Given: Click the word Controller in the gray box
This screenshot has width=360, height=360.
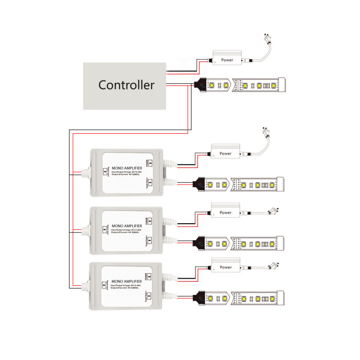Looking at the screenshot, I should [126, 85].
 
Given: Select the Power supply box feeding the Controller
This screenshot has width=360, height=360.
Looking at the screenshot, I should [227, 60].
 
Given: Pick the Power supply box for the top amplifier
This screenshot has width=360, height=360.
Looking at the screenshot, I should [225, 153].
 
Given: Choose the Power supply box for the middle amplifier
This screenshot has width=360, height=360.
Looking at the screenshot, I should [225, 212].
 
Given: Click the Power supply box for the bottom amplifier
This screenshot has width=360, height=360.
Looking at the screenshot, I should [225, 267].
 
